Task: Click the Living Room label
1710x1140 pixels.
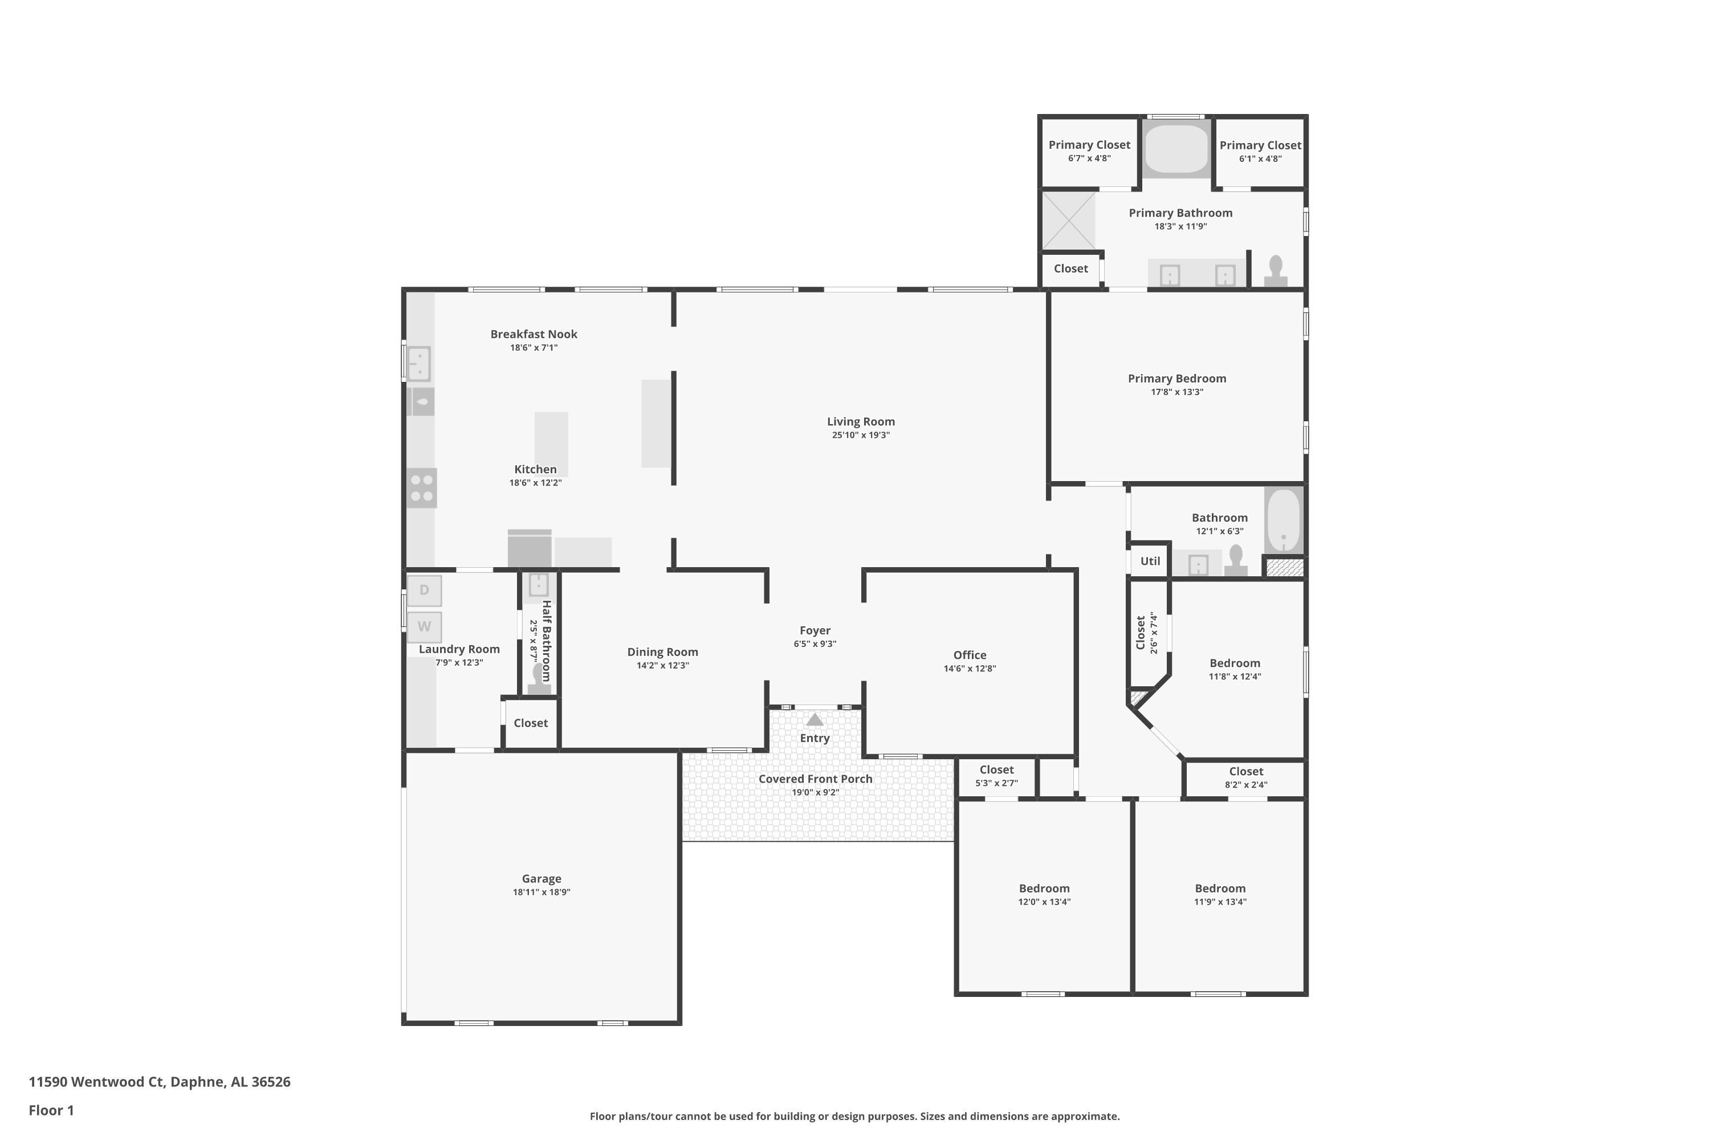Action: pyautogui.click(x=860, y=422)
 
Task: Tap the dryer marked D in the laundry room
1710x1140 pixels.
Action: pyautogui.click(x=425, y=589)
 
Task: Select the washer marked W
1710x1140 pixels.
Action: pyautogui.click(x=425, y=626)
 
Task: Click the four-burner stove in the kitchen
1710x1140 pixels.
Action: pyautogui.click(x=422, y=488)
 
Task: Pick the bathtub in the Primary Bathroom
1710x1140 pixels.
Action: pyautogui.click(x=1176, y=149)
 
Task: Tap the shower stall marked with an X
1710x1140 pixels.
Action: pyautogui.click(x=1069, y=220)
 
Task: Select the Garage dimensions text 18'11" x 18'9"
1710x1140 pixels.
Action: pyautogui.click(x=541, y=892)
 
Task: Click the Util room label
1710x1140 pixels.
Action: pyautogui.click(x=1150, y=561)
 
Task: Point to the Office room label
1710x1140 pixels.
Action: pyautogui.click(x=970, y=655)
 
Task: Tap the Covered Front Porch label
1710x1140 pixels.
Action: pyautogui.click(x=815, y=779)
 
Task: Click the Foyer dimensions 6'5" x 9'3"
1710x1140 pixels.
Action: pyautogui.click(x=815, y=644)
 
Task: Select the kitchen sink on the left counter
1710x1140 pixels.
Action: pyautogui.click(x=419, y=364)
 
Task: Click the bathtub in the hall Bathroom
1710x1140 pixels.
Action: pyautogui.click(x=1284, y=520)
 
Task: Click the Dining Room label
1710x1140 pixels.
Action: pyautogui.click(x=662, y=652)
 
